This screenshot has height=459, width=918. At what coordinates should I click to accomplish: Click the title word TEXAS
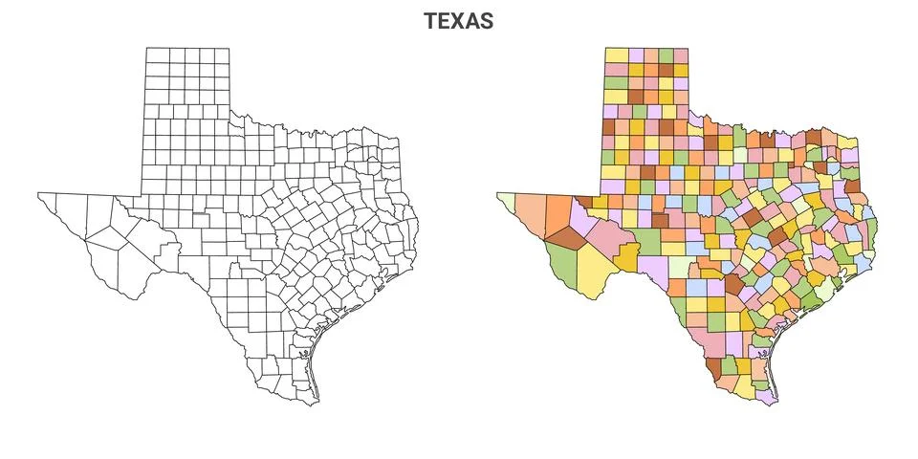point(459,20)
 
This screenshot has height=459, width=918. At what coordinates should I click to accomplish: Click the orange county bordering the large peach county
point(558,214)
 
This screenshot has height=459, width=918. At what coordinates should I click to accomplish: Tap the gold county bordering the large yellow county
point(628,255)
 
